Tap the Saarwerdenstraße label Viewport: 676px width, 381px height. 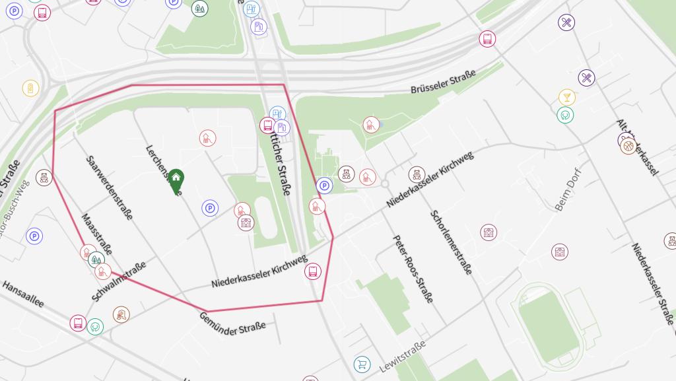110,188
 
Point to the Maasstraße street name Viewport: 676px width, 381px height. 96,234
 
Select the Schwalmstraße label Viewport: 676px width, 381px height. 119,281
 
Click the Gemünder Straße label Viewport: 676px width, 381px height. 232,323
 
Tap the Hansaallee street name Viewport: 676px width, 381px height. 23,294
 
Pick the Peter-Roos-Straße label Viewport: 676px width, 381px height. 413,269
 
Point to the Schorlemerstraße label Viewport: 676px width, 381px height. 452,242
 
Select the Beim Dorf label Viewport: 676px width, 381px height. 567,194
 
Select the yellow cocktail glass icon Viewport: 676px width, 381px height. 566,98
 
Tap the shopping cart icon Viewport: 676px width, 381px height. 362,364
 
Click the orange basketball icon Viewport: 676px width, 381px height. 628,146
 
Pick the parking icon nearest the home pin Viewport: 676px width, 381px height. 210,209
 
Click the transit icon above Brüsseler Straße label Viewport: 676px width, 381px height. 487,39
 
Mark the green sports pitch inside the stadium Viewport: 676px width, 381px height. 550,323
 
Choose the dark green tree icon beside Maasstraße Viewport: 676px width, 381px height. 95,260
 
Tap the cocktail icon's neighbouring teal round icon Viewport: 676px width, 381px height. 564,115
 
